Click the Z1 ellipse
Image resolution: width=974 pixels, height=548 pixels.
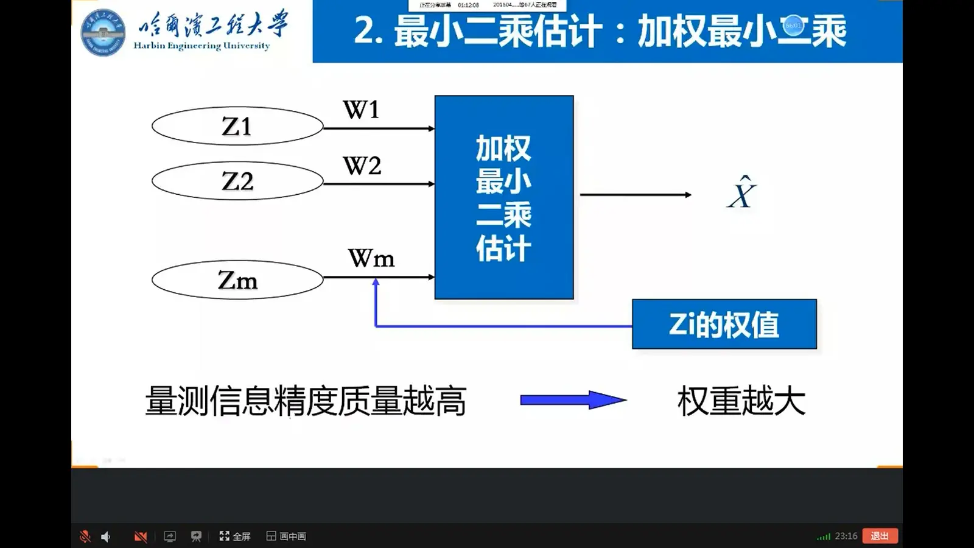(237, 126)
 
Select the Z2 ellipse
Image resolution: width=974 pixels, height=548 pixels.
(237, 181)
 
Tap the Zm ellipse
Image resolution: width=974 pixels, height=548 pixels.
(237, 280)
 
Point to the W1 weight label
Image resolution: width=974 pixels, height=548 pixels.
(362, 110)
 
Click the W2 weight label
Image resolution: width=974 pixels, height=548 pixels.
(362, 166)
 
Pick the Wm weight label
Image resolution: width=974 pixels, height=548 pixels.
(371, 259)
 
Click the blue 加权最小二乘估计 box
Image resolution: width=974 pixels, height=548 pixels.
(504, 197)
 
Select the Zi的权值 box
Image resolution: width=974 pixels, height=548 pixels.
(724, 324)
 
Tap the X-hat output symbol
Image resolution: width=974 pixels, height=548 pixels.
(741, 194)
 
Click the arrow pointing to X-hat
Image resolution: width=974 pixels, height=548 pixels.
(636, 195)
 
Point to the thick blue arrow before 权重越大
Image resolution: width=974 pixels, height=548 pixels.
(573, 400)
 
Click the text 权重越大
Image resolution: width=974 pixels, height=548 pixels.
(741, 401)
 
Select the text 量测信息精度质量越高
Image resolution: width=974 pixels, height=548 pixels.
(306, 401)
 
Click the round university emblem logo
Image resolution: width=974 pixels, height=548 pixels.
(103, 33)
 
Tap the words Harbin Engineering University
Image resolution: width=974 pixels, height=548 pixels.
(201, 46)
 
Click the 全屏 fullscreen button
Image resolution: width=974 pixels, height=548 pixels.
(235, 536)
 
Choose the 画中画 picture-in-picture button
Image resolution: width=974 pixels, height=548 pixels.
(286, 536)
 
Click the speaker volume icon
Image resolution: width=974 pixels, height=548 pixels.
(106, 536)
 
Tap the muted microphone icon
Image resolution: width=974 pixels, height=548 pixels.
(85, 536)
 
